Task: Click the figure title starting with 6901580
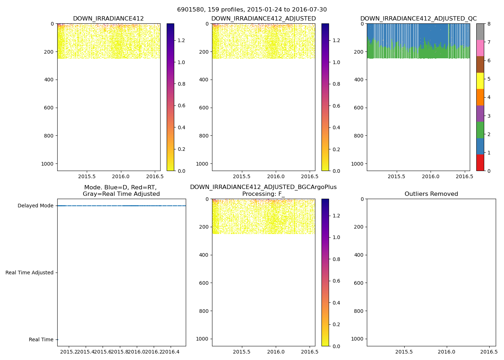click(252, 10)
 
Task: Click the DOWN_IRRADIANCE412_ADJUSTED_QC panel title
click(418, 19)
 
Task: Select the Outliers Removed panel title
click(431, 194)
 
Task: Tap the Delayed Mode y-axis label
click(35, 206)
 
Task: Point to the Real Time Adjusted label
click(30, 273)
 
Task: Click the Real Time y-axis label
click(41, 340)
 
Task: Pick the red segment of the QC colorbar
click(480, 162)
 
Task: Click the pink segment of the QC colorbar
click(480, 48)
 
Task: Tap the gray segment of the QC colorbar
click(480, 32)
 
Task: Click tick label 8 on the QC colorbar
click(489, 24)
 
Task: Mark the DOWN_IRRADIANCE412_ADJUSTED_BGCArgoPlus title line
click(263, 187)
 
